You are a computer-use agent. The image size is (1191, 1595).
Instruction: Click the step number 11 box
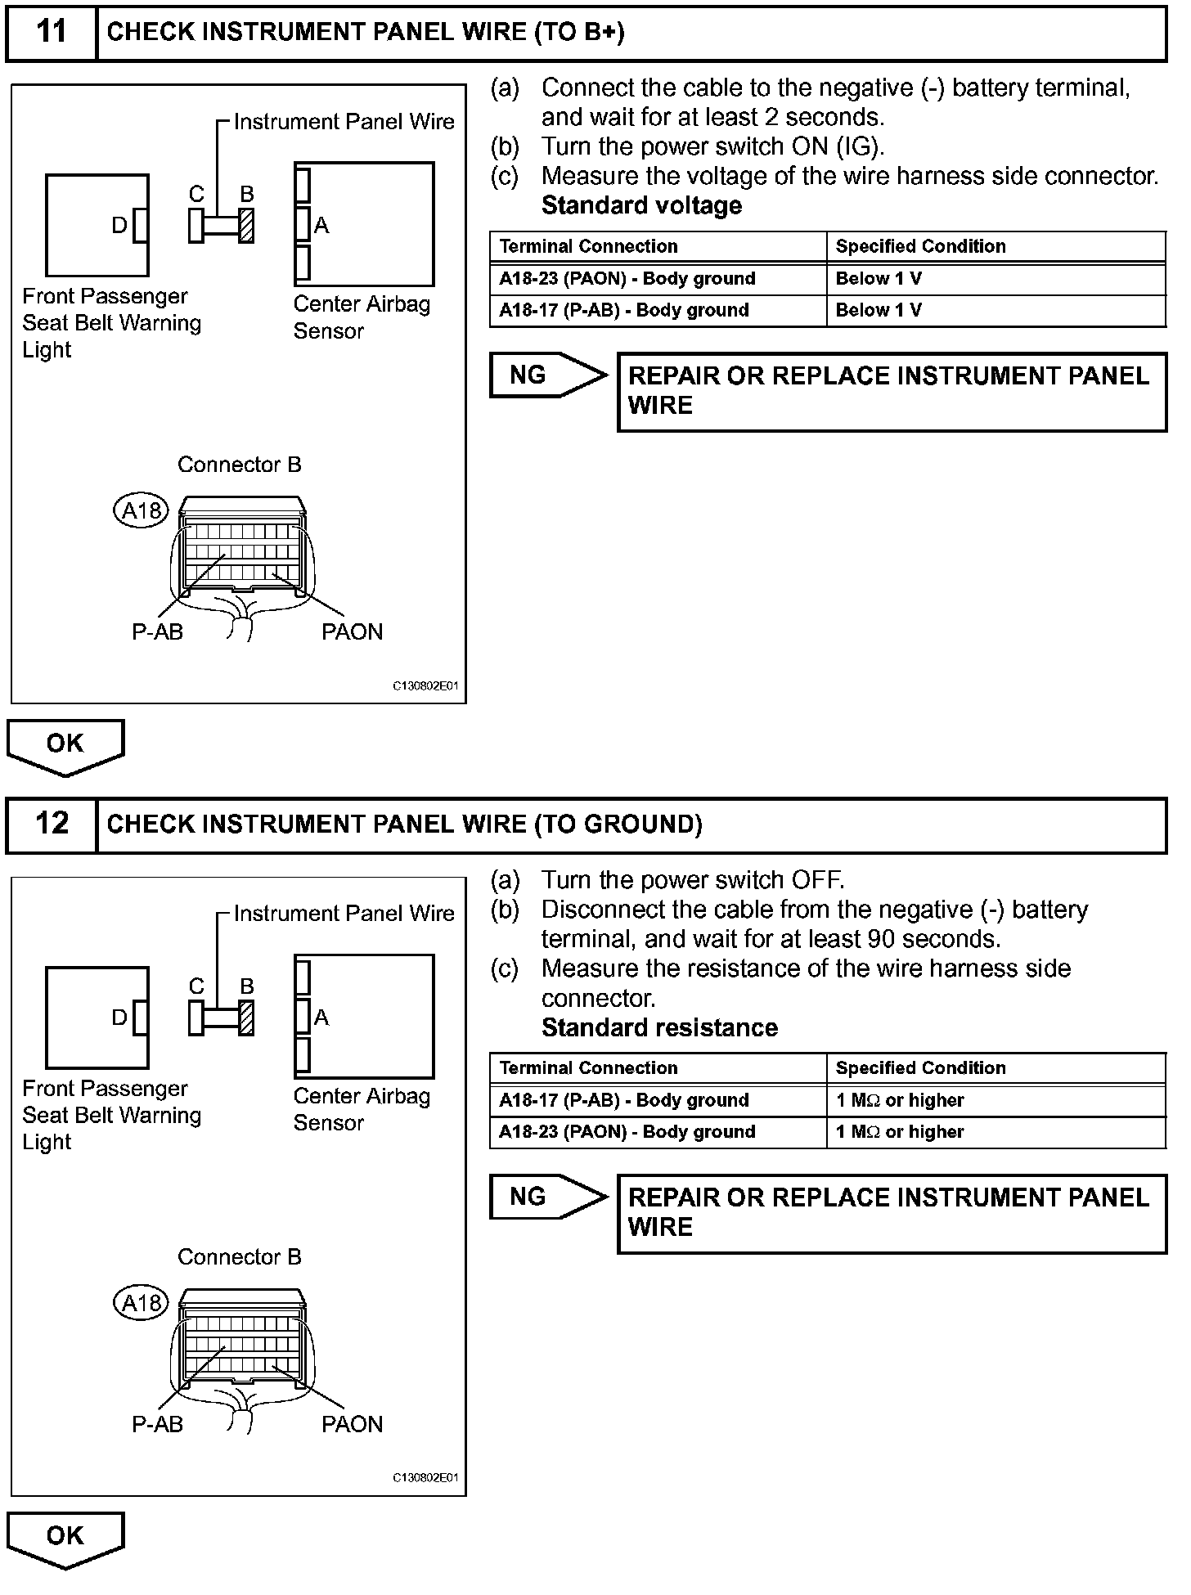point(52,32)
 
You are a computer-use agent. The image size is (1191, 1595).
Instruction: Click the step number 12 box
point(52,824)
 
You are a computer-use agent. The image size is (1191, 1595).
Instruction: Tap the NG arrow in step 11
point(546,375)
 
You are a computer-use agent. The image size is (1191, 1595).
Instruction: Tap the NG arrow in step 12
point(546,1197)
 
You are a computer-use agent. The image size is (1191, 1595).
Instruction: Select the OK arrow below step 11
point(65,745)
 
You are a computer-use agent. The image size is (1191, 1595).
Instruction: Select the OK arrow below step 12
point(65,1538)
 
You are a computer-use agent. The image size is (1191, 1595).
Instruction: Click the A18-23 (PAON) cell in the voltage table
point(627,279)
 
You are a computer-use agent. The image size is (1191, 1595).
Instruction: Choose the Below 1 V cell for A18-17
point(879,310)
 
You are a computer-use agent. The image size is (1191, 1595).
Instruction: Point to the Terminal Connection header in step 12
point(588,1068)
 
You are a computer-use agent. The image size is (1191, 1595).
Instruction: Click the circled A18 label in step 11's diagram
point(141,511)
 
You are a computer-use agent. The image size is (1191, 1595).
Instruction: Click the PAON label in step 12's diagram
point(352,1424)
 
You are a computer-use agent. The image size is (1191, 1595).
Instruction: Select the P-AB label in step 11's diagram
point(157,631)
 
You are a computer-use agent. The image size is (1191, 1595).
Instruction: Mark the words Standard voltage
point(641,205)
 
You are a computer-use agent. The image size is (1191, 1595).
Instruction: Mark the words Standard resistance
point(659,1027)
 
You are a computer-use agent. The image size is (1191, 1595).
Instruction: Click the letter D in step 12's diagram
point(119,1018)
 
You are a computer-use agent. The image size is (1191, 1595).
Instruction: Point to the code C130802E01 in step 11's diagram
point(425,686)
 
